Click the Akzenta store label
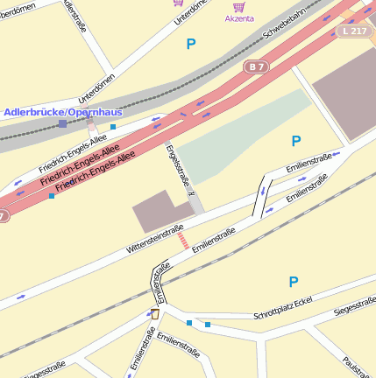239,18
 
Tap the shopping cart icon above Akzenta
238,5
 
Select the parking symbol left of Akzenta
191,43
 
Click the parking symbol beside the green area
295,141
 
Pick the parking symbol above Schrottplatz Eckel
294,282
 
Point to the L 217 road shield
356,31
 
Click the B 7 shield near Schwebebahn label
257,66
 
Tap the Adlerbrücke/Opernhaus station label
63,113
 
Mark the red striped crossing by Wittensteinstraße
182,240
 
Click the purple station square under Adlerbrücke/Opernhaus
62,124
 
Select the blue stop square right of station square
113,128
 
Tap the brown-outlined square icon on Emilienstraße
155,313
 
